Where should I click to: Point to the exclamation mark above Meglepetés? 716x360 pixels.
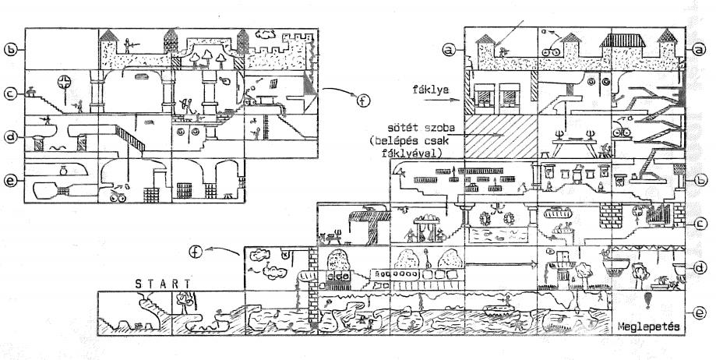647,301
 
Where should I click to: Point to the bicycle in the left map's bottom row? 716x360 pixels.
119,197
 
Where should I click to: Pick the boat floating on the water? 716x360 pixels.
499,311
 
